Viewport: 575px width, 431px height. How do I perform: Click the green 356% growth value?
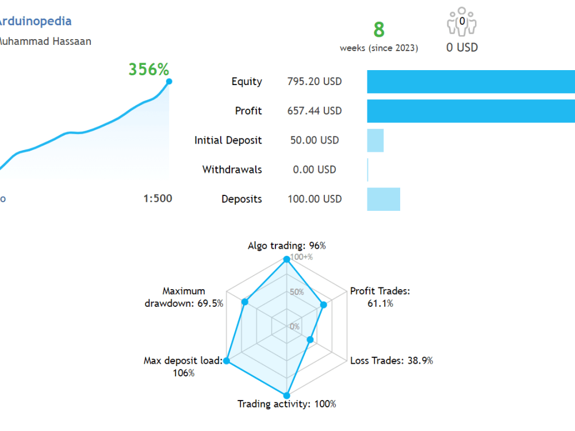[148, 70]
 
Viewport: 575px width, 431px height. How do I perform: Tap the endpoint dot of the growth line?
[168, 82]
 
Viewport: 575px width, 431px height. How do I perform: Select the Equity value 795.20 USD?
[314, 82]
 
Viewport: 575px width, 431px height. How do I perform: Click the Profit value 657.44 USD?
[314, 111]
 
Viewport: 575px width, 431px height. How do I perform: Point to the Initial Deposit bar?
[375, 140]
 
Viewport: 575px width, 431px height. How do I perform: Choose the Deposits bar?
[384, 199]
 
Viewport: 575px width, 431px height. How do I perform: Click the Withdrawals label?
[232, 170]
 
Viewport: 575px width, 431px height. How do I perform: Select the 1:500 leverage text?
[158, 199]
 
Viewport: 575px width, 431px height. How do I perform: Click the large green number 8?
[379, 29]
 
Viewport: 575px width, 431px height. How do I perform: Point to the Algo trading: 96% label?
[286, 245]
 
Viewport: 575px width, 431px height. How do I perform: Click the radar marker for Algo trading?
[286, 260]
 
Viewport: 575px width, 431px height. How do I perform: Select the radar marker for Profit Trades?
[324, 305]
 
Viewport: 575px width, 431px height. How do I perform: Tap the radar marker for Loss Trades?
[310, 340]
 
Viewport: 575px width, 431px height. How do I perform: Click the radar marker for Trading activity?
[286, 395]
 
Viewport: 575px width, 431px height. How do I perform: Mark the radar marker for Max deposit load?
[227, 361]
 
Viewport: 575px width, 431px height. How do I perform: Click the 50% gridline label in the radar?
[296, 292]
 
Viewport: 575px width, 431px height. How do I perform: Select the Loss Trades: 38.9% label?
[392, 361]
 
